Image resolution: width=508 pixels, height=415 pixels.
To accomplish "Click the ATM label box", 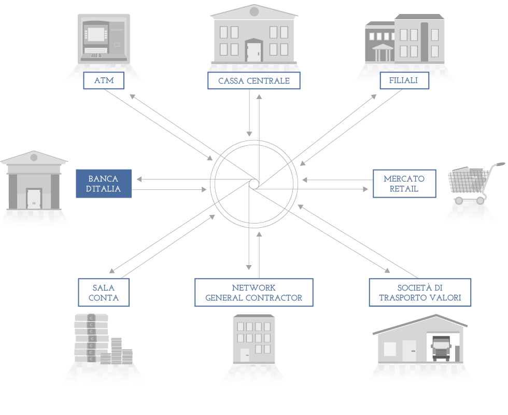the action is (x=104, y=80).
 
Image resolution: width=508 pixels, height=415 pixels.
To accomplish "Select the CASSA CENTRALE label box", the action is (x=253, y=80).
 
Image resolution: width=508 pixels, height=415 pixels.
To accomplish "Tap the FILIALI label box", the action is (x=404, y=80).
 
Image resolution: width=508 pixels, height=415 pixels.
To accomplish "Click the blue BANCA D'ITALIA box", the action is (x=104, y=184).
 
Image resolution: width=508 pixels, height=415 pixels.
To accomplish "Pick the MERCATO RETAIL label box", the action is (x=404, y=184).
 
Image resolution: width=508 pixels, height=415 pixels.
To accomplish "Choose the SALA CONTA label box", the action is (x=104, y=293).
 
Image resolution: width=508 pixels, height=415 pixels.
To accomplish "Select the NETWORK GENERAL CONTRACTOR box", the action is (x=253, y=293).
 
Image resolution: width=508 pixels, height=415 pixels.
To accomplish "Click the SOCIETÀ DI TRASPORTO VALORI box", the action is (x=420, y=293).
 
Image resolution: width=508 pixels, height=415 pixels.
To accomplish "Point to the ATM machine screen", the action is (x=96, y=34).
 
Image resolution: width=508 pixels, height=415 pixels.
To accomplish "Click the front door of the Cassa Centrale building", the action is (x=253, y=51).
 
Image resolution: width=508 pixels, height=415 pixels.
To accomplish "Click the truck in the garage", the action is (x=441, y=348).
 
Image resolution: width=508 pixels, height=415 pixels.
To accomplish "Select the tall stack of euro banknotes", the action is (x=91, y=338).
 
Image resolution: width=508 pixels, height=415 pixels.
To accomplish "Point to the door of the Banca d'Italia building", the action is (x=34, y=199).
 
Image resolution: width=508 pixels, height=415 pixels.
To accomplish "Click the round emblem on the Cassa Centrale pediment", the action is (x=254, y=11).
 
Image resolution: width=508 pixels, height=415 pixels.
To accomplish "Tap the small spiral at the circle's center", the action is (x=254, y=184).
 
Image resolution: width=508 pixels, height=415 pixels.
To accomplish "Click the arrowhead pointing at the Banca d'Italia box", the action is (x=139, y=179).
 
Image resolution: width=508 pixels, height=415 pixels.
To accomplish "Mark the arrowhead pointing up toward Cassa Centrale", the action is (x=259, y=96).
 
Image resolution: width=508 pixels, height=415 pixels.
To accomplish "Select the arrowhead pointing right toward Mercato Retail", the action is (x=365, y=189).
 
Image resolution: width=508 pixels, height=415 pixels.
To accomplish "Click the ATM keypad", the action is (x=96, y=56).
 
